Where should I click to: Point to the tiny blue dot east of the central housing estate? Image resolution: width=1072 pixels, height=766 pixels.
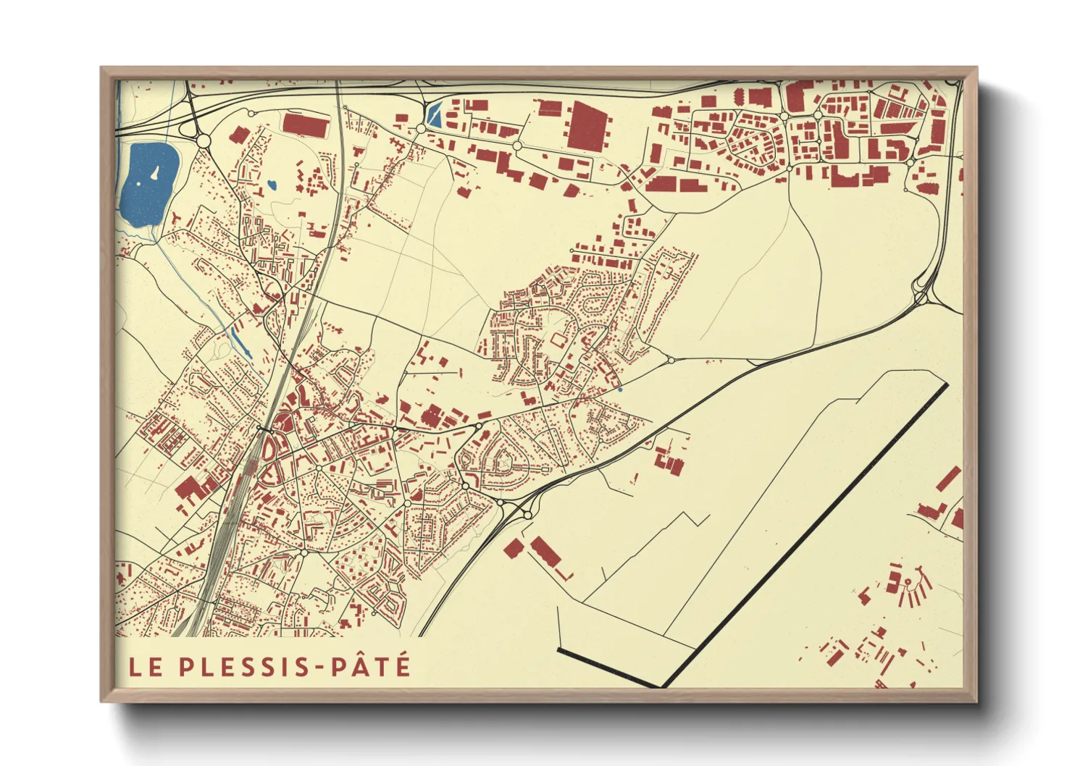(x=620, y=390)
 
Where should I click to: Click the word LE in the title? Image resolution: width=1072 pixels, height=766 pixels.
(x=145, y=667)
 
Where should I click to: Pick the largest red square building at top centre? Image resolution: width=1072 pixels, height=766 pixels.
(x=585, y=125)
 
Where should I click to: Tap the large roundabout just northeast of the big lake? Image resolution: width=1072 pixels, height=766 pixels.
(x=204, y=140)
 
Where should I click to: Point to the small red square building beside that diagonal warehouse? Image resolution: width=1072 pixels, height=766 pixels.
(x=513, y=548)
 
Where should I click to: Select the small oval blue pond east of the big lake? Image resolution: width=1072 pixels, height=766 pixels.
(x=271, y=185)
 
